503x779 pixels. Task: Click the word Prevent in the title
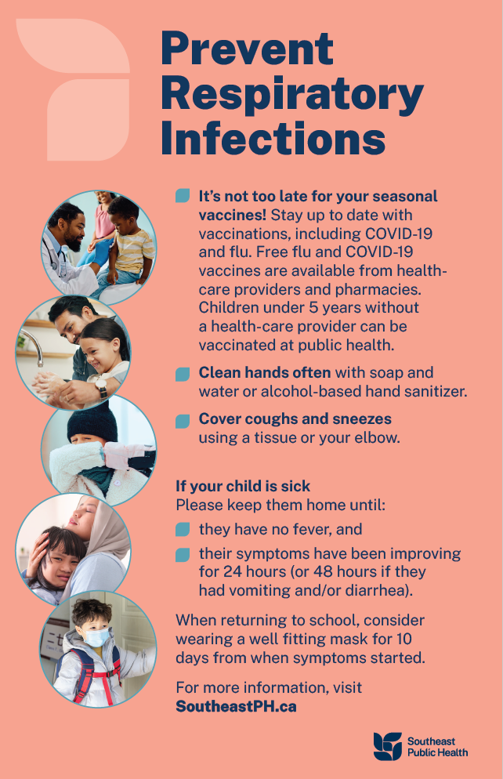[248, 48]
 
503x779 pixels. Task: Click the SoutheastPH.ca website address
[236, 706]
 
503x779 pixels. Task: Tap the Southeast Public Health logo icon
[387, 746]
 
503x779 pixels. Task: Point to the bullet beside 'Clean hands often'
[183, 374]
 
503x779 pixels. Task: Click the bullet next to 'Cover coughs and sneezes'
[183, 421]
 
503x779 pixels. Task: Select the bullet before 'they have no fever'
[183, 530]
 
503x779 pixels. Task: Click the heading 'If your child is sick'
[243, 486]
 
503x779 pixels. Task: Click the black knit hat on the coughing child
[92, 422]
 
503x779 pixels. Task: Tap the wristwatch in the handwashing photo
[101, 386]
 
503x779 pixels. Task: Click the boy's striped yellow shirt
[132, 252]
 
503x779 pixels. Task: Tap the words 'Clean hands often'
[265, 372]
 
